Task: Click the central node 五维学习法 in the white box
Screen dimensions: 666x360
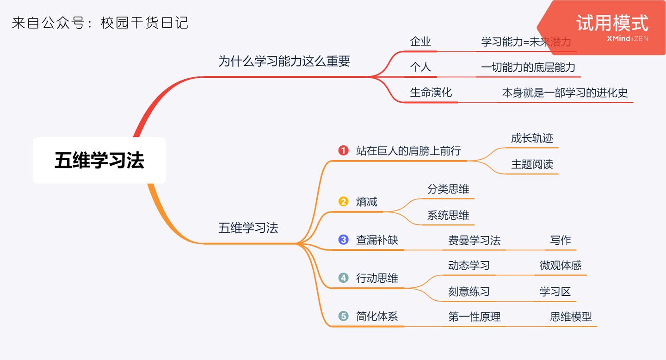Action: point(99,160)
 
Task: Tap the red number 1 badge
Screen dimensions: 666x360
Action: point(343,150)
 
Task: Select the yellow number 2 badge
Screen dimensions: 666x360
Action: point(343,201)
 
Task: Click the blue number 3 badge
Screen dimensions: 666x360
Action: point(343,240)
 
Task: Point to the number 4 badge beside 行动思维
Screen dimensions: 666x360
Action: point(343,278)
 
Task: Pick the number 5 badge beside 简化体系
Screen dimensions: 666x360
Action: point(343,316)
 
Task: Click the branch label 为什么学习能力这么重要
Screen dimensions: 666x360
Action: point(284,61)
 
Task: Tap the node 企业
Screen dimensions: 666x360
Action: point(420,41)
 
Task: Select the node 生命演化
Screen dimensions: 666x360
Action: point(431,92)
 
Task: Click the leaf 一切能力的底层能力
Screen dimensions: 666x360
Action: point(528,67)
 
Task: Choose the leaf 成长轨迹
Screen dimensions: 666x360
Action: point(532,138)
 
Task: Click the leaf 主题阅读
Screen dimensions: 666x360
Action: point(532,164)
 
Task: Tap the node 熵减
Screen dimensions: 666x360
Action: point(367,202)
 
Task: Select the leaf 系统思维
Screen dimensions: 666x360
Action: point(448,215)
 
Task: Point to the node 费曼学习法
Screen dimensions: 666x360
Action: point(474,240)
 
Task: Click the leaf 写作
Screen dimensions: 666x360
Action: point(561,240)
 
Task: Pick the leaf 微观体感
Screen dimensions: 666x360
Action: point(561,266)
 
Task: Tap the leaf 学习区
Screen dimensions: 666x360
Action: point(555,292)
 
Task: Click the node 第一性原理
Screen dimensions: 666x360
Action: point(474,317)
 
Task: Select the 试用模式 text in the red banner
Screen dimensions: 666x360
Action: point(612,23)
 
